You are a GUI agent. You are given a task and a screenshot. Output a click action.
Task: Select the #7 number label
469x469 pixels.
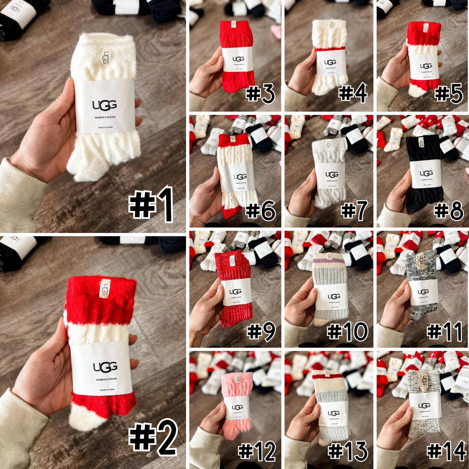354,210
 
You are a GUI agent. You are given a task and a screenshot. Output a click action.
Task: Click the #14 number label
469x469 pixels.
446,451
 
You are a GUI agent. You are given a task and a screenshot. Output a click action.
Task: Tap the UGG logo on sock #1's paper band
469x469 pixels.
105,105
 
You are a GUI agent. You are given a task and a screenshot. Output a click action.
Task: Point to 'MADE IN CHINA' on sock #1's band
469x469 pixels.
105,127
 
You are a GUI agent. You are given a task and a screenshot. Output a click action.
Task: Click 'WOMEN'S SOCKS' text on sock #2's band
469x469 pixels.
106,379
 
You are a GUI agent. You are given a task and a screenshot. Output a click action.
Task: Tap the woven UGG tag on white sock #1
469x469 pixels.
106,57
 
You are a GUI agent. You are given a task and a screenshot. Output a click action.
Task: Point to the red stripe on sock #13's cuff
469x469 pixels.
328,377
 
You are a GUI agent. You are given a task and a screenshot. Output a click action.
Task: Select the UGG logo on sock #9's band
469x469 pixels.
235,291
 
